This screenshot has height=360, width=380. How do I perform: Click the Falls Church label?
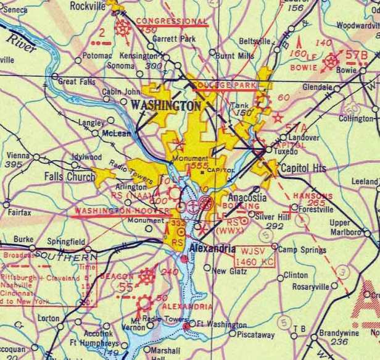[69, 177]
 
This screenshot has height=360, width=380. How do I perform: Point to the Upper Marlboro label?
[340, 227]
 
